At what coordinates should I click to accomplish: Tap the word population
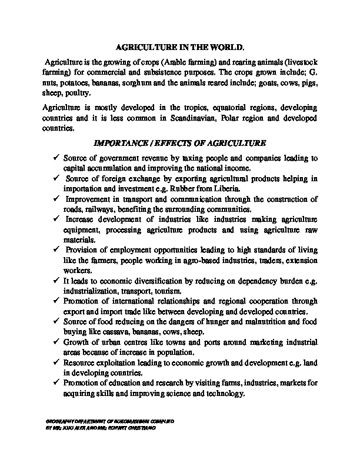[x=175, y=352]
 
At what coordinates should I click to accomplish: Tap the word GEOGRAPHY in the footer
[x=58, y=422]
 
